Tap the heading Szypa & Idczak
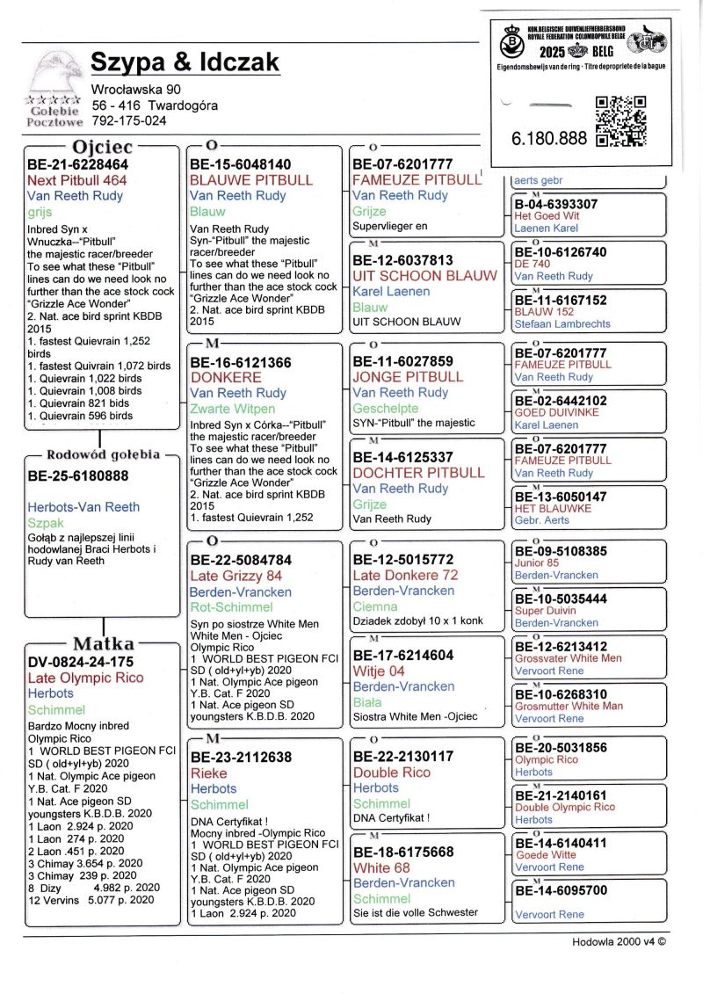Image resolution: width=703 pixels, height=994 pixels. pyautogui.click(x=185, y=62)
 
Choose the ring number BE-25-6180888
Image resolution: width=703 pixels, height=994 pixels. pyautogui.click(x=78, y=476)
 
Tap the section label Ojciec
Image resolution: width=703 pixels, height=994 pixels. pyautogui.click(x=102, y=145)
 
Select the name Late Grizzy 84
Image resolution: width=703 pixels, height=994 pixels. pyautogui.click(x=236, y=576)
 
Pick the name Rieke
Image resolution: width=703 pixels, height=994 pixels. pyautogui.click(x=208, y=773)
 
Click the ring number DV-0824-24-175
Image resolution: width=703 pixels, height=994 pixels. pyautogui.click(x=81, y=662)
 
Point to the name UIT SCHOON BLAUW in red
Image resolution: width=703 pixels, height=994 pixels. pyautogui.click(x=424, y=275)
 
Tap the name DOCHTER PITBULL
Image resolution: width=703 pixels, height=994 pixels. pyautogui.click(x=418, y=473)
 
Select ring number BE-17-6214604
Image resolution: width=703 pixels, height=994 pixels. pyautogui.click(x=402, y=655)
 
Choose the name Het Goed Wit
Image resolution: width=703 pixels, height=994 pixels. pyautogui.click(x=547, y=216)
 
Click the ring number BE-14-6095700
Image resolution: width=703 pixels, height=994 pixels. pyautogui.click(x=561, y=890)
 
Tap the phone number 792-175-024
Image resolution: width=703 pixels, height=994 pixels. pyautogui.click(x=129, y=120)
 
